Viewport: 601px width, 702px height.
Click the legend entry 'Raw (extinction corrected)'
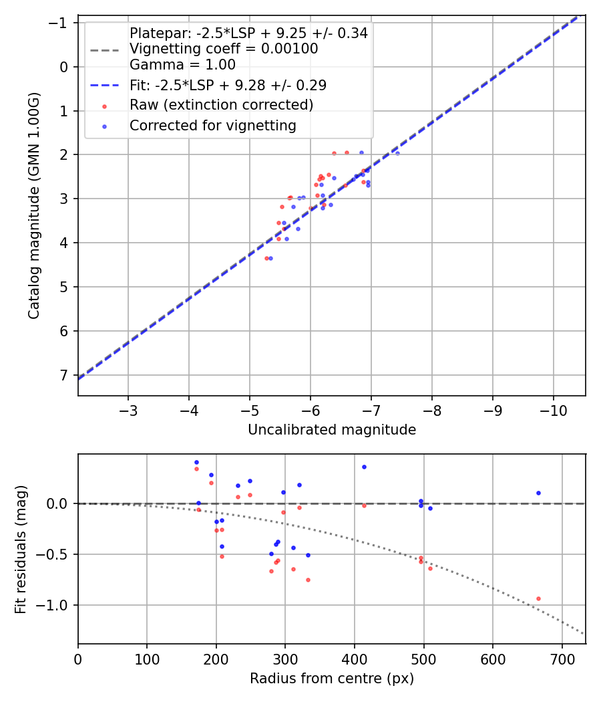pyautogui.click(x=221, y=105)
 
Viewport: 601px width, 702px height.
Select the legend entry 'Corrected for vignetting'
pyautogui.click(x=212, y=125)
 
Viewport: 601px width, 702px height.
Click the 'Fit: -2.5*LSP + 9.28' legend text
pyautogui.click(x=228, y=86)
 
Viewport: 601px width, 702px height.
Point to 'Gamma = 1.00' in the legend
pyautogui.click(x=182, y=65)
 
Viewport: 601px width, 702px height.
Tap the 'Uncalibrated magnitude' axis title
pyautogui.click(x=332, y=430)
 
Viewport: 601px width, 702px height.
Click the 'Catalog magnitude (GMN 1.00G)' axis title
pyautogui.click(x=34, y=206)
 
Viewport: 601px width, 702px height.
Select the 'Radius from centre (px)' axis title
pyautogui.click(x=332, y=679)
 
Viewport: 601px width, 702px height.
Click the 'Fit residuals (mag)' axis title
pyautogui.click(x=21, y=549)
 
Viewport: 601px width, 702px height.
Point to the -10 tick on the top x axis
pyautogui.click(x=554, y=408)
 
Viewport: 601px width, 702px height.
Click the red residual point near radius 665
pyautogui.click(x=538, y=598)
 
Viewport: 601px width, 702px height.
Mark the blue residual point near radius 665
pyautogui.click(x=538, y=493)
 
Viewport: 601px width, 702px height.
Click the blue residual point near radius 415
pyautogui.click(x=364, y=467)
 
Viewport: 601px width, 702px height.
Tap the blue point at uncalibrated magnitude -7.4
pyautogui.click(x=397, y=153)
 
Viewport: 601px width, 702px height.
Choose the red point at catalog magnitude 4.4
pyautogui.click(x=266, y=258)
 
